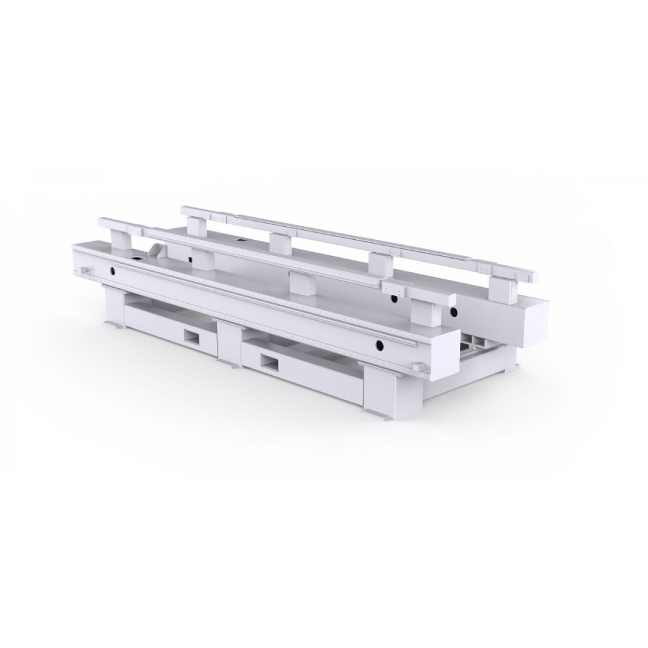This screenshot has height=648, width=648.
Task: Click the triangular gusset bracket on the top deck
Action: pyautogui.click(x=157, y=249)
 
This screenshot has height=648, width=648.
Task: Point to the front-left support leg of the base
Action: pyautogui.click(x=113, y=308)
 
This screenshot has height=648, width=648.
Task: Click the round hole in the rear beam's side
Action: pyautogui.click(x=454, y=313)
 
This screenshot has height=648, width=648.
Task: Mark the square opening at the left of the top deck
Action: pyautogui.click(x=137, y=262)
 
